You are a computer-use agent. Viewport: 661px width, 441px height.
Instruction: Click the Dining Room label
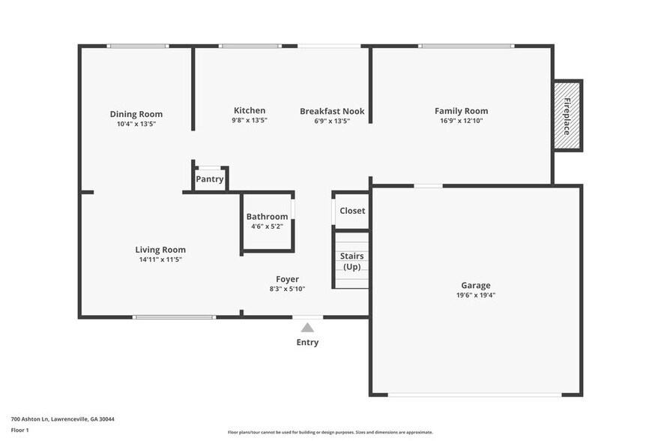[136, 114]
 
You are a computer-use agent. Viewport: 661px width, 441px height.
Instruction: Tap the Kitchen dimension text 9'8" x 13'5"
[249, 120]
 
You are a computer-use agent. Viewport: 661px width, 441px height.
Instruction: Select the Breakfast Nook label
[332, 111]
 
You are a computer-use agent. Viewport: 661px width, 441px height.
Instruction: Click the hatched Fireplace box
[567, 115]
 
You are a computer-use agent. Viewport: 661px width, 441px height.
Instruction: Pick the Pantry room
[210, 178]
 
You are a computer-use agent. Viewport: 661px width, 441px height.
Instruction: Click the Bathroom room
[267, 221]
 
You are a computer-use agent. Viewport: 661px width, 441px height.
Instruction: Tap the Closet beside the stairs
[352, 211]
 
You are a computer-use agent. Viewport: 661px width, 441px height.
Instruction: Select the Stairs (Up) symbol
[351, 261]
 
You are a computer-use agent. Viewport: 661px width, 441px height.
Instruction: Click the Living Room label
[160, 250]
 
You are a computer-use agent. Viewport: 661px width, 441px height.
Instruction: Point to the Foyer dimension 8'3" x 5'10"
[287, 289]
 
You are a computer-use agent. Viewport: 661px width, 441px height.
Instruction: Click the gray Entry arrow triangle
[307, 327]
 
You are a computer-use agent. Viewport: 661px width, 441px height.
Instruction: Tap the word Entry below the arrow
[307, 342]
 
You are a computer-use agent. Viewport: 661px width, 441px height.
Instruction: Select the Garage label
[475, 285]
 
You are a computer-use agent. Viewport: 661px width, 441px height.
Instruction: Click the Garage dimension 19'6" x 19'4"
[475, 295]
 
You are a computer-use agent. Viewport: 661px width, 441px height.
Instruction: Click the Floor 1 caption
[19, 430]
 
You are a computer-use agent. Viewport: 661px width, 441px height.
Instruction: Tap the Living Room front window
[174, 317]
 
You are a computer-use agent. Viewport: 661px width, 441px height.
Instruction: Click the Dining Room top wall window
[137, 46]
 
